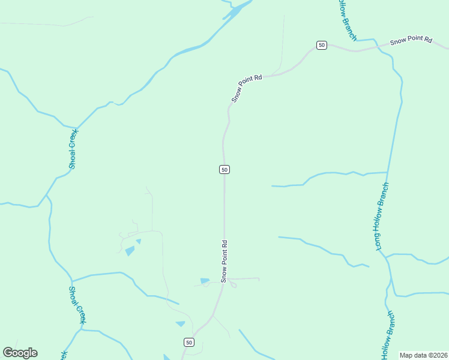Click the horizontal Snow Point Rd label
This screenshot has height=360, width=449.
(x=411, y=41)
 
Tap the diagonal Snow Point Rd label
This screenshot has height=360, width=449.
(x=247, y=88)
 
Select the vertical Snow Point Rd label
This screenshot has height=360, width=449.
(x=224, y=262)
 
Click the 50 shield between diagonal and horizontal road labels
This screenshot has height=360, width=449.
(x=322, y=45)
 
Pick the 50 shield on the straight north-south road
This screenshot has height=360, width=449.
(x=224, y=170)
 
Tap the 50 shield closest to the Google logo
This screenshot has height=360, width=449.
(x=189, y=342)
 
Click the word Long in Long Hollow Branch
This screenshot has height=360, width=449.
(x=379, y=240)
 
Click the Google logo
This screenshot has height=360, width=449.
(x=20, y=353)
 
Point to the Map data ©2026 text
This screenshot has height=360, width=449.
(x=423, y=355)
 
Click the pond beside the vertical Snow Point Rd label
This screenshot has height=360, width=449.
(x=205, y=280)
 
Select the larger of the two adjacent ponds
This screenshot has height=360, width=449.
(x=130, y=251)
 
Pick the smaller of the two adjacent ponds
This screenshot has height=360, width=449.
(x=139, y=241)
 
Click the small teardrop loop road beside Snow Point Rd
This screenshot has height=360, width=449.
(x=232, y=284)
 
